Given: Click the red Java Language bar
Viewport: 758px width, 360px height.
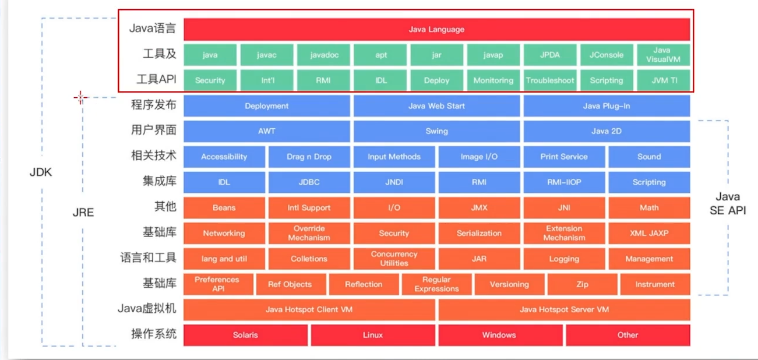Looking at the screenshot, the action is [x=436, y=30].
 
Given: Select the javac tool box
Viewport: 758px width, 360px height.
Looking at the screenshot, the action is [x=267, y=55].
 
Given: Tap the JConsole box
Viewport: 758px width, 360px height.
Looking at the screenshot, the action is [x=607, y=55].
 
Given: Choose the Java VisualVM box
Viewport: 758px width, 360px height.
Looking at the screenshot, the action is [x=663, y=55].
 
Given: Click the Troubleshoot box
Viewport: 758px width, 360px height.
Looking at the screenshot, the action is [x=550, y=80].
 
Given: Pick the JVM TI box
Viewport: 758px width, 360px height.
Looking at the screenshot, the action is [x=663, y=80].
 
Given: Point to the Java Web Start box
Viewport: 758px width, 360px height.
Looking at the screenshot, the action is [x=436, y=106].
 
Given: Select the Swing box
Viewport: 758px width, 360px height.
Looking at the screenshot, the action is [x=436, y=131].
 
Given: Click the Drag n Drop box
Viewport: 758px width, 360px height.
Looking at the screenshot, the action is [x=309, y=157].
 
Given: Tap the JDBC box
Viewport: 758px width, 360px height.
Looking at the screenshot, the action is [x=309, y=182].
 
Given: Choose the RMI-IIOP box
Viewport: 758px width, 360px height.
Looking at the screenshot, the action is [x=564, y=182].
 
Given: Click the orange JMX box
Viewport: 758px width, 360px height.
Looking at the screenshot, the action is [x=479, y=208].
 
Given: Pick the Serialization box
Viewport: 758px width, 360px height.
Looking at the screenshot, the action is [x=479, y=233].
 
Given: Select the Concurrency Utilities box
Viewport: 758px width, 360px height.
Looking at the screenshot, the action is [x=394, y=259].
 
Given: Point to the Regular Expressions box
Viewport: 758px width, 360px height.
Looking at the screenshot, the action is [x=436, y=284].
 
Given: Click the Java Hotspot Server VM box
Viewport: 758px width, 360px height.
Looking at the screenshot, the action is [x=564, y=309].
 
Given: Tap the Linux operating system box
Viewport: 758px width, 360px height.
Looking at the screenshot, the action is [x=373, y=335].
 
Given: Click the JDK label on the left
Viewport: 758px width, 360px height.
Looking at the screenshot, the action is [x=41, y=172].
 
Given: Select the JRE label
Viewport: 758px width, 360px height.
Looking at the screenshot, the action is [x=83, y=212].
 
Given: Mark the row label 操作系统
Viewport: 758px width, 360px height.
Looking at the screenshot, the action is [x=154, y=334].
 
